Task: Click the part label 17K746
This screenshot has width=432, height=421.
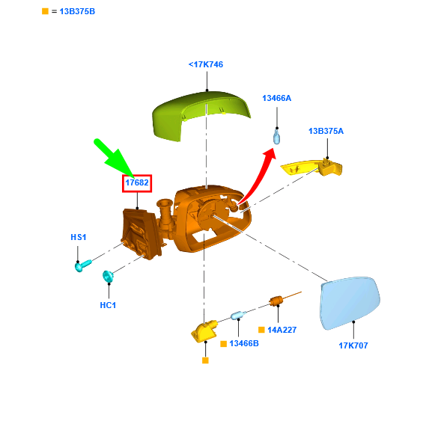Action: (206, 64)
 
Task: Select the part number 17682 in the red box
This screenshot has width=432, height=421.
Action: (137, 182)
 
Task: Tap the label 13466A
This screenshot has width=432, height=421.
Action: (276, 98)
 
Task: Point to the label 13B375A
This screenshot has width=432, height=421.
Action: (326, 131)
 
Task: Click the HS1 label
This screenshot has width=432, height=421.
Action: (79, 237)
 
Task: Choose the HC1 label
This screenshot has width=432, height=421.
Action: (108, 305)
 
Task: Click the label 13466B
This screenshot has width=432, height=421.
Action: (244, 343)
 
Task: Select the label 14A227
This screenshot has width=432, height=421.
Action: (282, 330)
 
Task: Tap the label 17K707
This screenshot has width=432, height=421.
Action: (353, 345)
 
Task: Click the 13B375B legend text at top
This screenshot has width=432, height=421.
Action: (77, 11)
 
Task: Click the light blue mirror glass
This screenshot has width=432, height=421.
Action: (350, 303)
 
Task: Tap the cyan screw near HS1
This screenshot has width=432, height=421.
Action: (82, 265)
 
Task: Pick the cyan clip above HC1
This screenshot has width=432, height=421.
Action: (108, 276)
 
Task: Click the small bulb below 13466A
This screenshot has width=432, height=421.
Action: (276, 137)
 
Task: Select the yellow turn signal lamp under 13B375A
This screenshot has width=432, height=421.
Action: (311, 168)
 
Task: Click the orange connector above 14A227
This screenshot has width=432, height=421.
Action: (276, 301)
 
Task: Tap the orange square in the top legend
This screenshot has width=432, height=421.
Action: (45, 11)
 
